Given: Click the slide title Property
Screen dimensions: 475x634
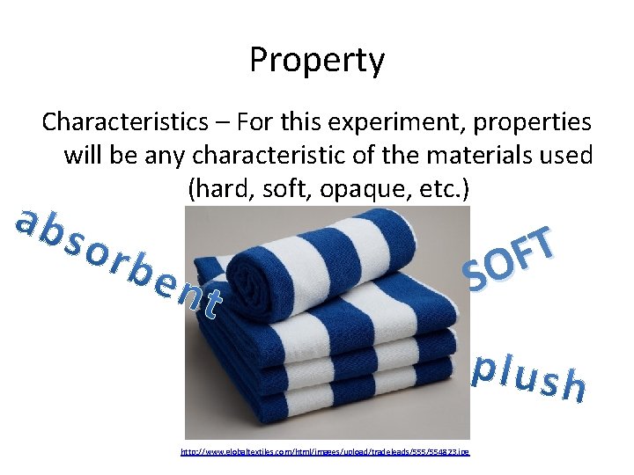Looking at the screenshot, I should tap(317, 60).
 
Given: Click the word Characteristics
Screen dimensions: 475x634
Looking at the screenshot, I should tap(121, 121).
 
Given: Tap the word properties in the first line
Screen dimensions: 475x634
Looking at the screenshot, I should tap(534, 121).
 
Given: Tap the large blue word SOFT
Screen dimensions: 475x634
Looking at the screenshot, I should tap(512, 259).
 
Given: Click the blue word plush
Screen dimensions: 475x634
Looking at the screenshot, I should tap(528, 377).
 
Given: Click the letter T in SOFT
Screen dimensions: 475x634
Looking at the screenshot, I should tap(542, 243).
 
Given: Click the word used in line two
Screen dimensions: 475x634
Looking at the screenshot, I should tap(568, 156).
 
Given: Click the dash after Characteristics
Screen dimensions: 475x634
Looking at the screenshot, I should tap(209, 121).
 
